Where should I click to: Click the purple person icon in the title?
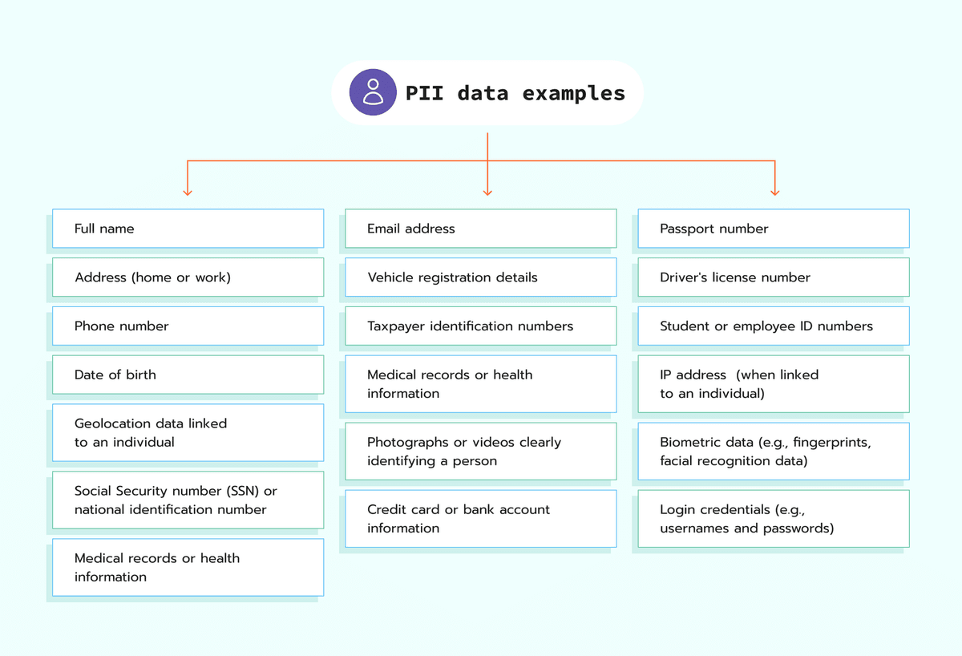pos(373,92)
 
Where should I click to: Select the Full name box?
pos(188,229)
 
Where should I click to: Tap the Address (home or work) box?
pos(188,277)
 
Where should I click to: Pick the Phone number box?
pos(188,326)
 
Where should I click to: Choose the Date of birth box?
pos(188,375)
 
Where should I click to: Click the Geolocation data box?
pos(188,432)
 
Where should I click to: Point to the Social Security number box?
pos(188,500)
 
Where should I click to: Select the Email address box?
pos(480,229)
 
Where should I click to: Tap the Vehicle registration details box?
pos(480,277)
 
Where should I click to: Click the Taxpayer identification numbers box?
pos(480,326)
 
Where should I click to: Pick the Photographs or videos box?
pos(480,452)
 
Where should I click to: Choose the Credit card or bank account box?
pos(480,519)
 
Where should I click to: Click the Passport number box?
pos(773,229)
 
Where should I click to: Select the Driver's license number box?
pos(773,277)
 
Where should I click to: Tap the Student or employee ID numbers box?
pos(773,326)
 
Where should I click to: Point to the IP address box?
pos(773,384)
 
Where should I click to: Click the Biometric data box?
pos(773,452)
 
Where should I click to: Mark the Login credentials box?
pos(773,519)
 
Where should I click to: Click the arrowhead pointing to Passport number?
pos(774,192)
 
